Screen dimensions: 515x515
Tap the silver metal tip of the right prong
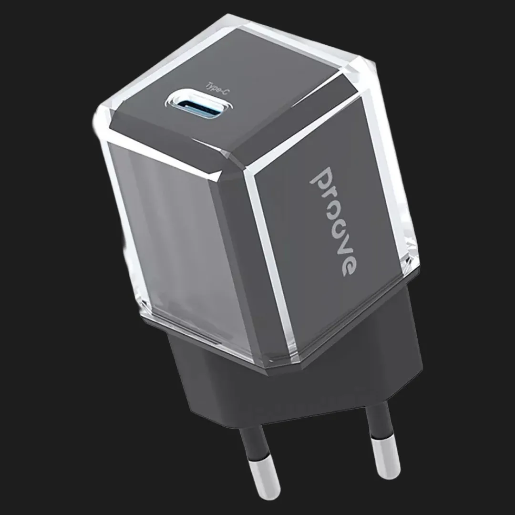tap(386, 455)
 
